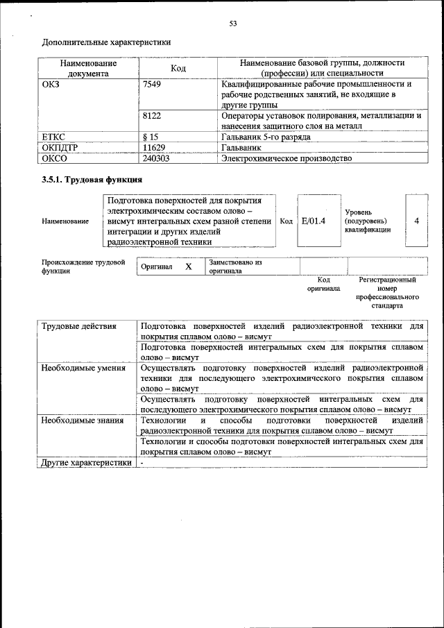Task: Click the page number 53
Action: [x=233, y=24]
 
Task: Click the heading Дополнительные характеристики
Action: [x=106, y=42]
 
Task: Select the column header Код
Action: [x=178, y=68]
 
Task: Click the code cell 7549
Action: [x=152, y=84]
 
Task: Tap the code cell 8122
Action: [x=152, y=116]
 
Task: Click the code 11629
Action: [x=154, y=148]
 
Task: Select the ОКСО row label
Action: [x=55, y=158]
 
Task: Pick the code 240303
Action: [x=156, y=158]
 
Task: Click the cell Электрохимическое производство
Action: [x=286, y=158]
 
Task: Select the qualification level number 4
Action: [x=416, y=221]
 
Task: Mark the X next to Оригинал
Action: [x=188, y=266]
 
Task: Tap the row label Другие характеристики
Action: [x=85, y=463]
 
